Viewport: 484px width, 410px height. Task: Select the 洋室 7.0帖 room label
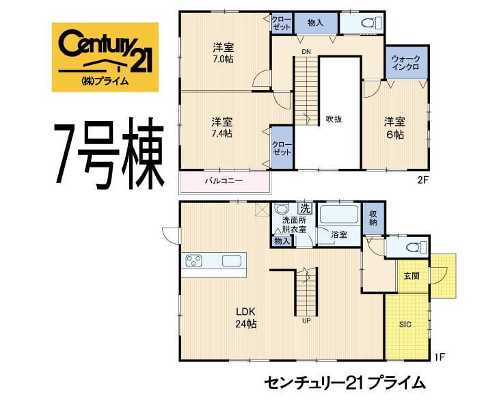coord(222,54)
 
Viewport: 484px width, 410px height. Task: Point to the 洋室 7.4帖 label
coord(221,128)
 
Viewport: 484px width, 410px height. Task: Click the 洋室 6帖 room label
coord(394,128)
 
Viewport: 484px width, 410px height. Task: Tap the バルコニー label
coord(225,182)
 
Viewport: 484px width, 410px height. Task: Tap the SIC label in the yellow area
coord(406,325)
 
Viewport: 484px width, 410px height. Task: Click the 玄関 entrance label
coord(412,275)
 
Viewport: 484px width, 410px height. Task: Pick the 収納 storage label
coord(373,219)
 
